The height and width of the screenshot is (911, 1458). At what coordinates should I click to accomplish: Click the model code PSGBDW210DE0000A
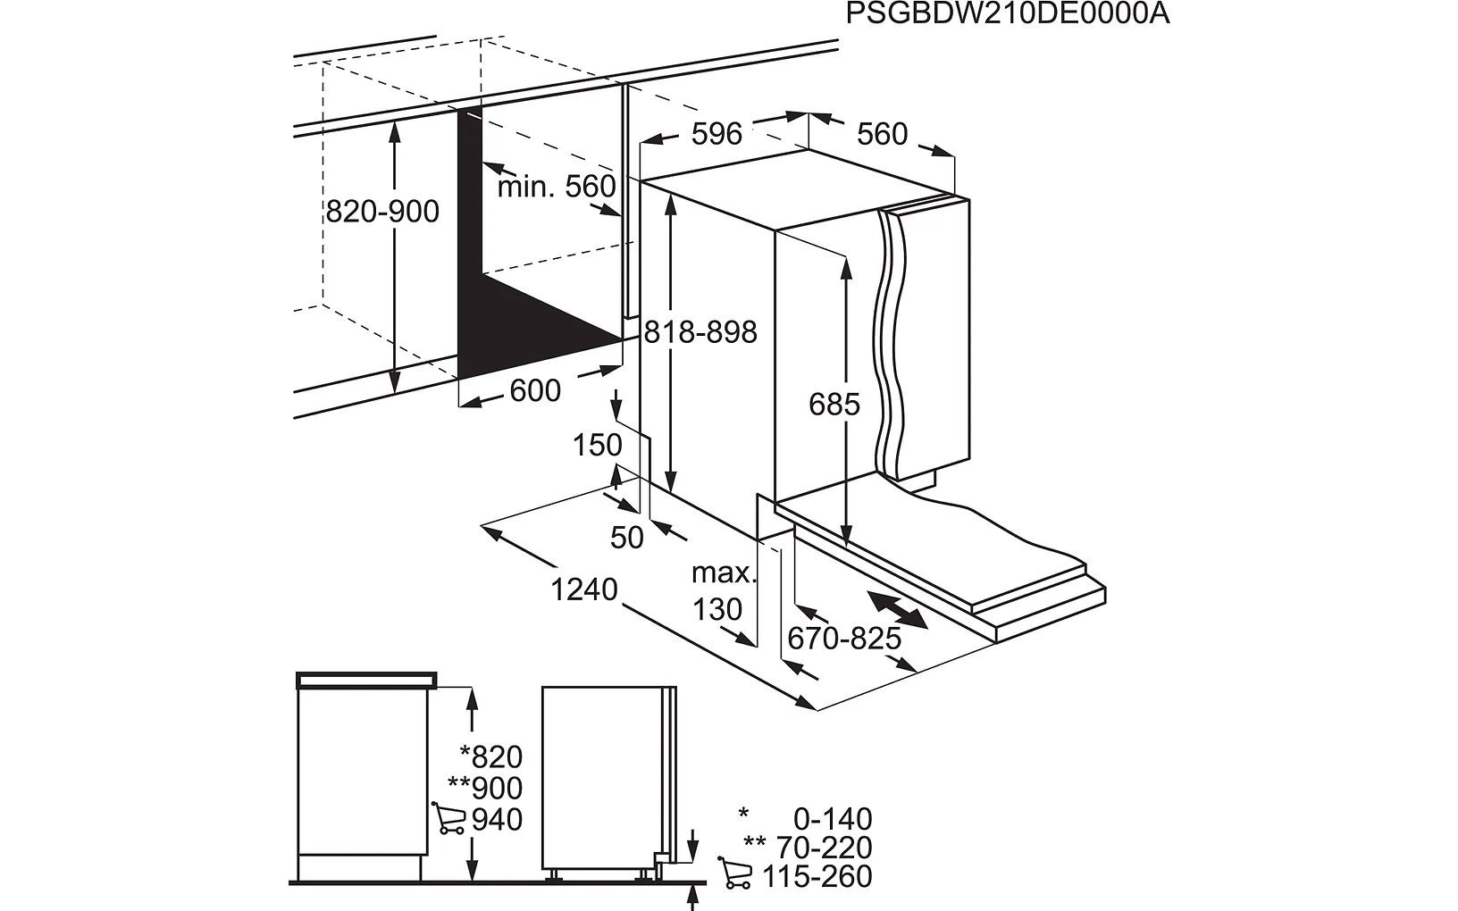tap(1007, 14)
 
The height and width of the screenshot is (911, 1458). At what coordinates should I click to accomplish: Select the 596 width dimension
tap(716, 134)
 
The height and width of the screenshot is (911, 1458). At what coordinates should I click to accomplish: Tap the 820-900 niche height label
tap(382, 212)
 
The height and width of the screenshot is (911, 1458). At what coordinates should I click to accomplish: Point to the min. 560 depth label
tap(557, 187)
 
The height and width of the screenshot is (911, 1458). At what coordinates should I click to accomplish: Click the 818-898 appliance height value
tap(700, 332)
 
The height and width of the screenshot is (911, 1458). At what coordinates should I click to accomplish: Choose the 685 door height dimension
tap(834, 405)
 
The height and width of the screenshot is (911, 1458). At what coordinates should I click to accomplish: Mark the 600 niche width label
tap(535, 390)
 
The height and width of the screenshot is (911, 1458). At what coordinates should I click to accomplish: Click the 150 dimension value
tap(597, 445)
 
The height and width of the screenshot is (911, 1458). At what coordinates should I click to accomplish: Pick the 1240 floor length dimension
tap(584, 589)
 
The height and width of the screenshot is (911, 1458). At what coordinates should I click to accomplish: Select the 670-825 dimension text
tap(844, 639)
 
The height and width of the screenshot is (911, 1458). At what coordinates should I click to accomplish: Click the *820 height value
tap(490, 757)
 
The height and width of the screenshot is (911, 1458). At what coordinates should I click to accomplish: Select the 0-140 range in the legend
tap(832, 819)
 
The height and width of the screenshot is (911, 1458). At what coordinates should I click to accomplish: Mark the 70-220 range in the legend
tap(824, 848)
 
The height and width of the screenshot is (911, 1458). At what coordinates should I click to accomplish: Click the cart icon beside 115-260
tap(735, 873)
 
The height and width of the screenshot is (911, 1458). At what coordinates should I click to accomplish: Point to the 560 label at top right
tap(882, 134)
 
